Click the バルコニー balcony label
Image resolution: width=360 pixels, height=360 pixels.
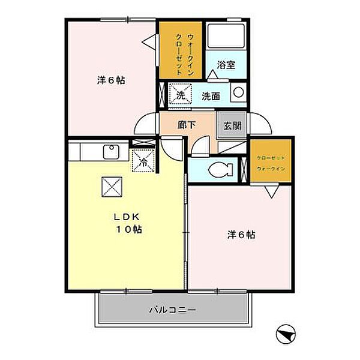point(172,310)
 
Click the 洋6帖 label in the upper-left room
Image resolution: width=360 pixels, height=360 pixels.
point(111,80)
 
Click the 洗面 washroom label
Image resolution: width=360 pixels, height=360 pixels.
point(211,95)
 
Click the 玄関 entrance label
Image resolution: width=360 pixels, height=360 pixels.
point(232,126)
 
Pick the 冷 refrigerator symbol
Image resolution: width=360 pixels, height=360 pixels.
point(143,160)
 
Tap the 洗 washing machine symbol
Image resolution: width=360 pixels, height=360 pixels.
point(179,94)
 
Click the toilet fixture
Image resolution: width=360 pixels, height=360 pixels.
point(221,170)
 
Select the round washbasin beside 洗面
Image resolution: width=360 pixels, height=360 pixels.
point(238,93)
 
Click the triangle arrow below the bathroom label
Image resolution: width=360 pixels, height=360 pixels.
point(214,74)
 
